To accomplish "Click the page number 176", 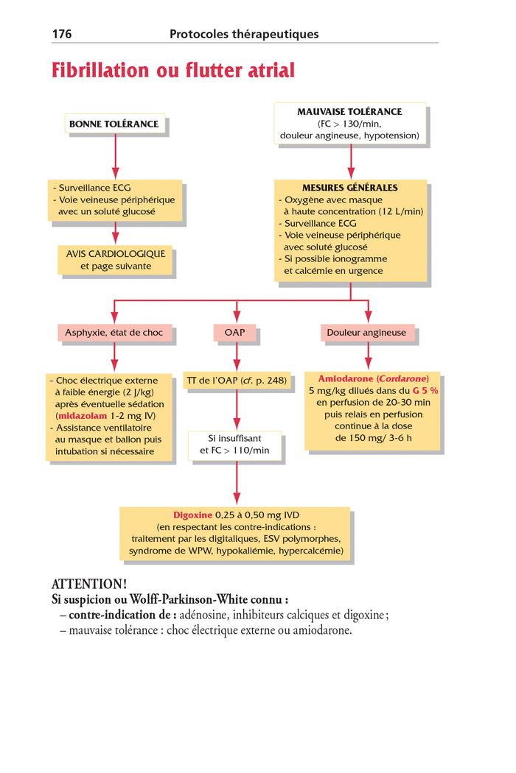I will pos(61,34).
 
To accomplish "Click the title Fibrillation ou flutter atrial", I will pos(172,71).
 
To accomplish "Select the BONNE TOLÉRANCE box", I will pos(114,124).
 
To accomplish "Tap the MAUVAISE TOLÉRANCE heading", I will pos(349,112).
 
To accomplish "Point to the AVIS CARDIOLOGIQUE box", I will pos(115,260).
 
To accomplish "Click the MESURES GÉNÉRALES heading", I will pos(349,188).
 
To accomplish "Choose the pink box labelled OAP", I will pos(235,333).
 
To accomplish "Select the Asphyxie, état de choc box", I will pos(114,333).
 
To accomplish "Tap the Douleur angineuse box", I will pos(366,333).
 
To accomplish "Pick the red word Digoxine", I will pos(192,515).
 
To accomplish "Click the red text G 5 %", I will pos(425,390).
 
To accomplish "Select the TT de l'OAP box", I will pos(237,381).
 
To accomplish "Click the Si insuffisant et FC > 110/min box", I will pos(235,445).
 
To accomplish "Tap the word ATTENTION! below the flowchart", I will pos(89,584).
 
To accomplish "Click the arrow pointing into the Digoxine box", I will pos(237,498).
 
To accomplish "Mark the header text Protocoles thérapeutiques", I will pos(244,34).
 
